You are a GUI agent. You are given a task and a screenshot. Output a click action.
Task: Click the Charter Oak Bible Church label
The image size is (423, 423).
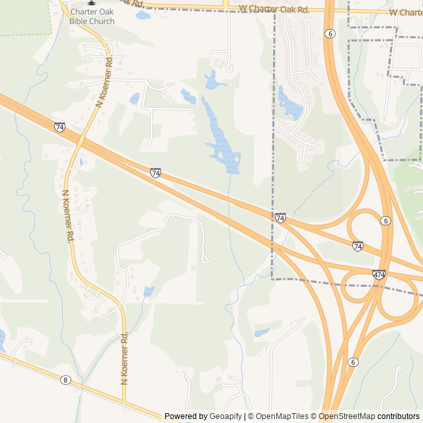pos(92,17)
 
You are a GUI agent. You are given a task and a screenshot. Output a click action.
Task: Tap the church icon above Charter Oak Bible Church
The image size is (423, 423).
pos(91,3)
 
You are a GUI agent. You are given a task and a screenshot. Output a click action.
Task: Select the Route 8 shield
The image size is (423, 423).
pos(65,379)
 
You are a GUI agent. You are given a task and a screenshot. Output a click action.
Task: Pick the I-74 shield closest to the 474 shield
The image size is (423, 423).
pos(358,246)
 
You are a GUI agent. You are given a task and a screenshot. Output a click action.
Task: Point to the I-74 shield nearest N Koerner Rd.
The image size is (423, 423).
pos(60,127)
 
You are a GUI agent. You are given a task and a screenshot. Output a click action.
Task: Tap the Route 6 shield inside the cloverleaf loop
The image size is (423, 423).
pos(386,221)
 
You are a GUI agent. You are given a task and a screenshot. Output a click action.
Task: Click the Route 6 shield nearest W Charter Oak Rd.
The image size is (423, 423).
pos(329,33)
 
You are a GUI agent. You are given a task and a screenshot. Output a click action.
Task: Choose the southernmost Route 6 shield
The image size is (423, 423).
pos(354,362)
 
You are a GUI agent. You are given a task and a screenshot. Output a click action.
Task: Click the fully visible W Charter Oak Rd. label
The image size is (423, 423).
pos(274,10)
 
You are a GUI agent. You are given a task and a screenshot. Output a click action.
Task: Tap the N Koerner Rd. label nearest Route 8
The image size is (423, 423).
pos(124,358)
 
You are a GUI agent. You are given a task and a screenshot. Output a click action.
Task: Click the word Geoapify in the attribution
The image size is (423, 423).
pos(225,416)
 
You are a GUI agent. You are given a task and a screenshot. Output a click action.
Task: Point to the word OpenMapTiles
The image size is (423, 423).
pos(282,416)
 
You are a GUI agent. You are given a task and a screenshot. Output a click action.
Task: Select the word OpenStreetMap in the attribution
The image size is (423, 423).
pos(348,416)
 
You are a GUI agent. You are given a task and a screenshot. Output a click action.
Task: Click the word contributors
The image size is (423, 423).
pos(399,416)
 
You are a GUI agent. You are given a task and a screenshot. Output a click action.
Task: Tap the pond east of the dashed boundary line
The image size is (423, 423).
pos(289,102)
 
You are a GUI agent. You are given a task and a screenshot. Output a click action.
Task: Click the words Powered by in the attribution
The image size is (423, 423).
pos(186,416)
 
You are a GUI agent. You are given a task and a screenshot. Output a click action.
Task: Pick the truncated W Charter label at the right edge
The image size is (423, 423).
pos(406,13)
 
